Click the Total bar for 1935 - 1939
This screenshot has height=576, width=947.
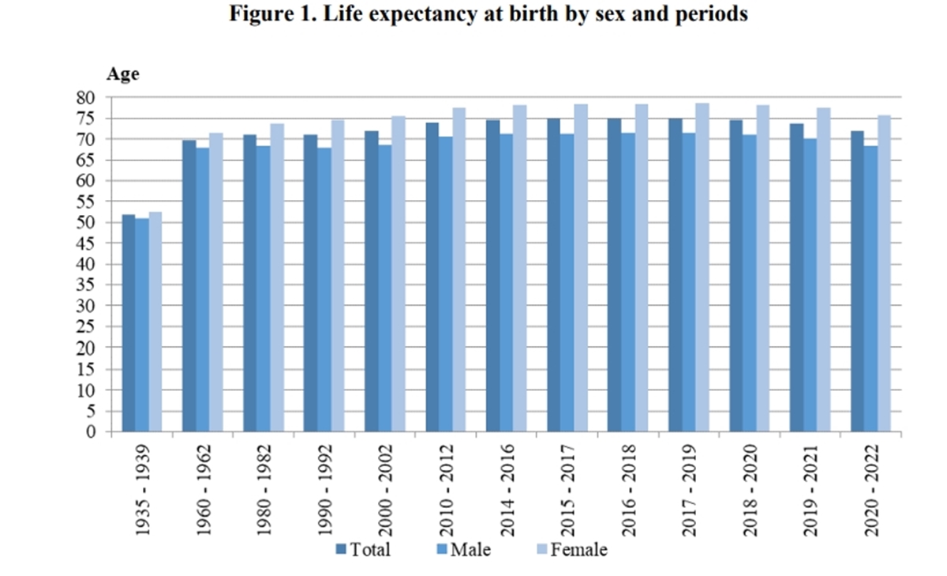click(129, 323)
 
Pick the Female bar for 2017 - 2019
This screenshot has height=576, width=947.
click(702, 268)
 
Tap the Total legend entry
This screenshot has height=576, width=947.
click(364, 549)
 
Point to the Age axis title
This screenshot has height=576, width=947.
click(123, 74)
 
